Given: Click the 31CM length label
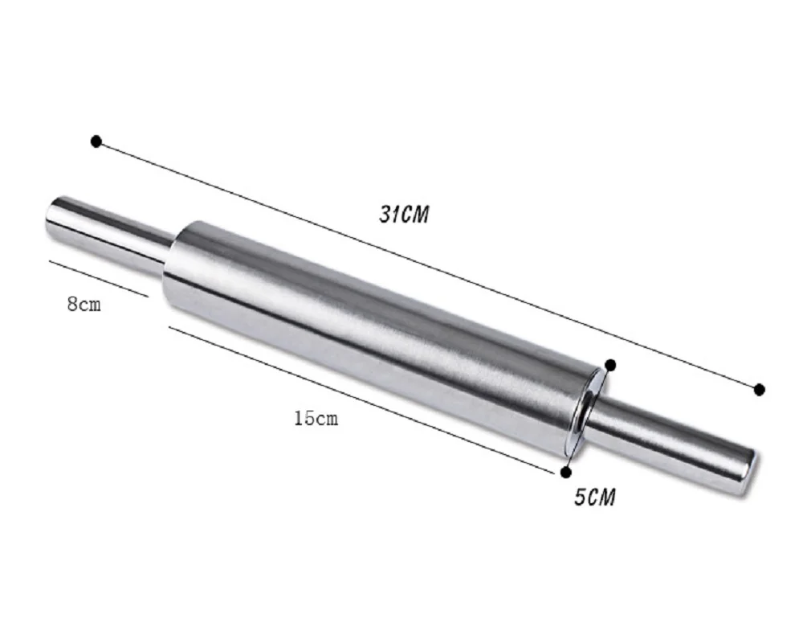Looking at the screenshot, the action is coord(404,215).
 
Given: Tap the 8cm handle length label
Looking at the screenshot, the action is coord(84,304).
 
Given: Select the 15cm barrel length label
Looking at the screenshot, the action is coord(316,419).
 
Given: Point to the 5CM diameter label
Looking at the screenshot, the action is coord(594,497).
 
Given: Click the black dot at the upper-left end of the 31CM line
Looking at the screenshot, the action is coord(96,141).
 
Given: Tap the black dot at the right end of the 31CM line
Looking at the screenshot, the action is coord(760,390).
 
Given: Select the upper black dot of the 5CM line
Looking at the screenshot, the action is coord(610,365).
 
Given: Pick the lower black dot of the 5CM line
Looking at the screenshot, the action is coord(566,473).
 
